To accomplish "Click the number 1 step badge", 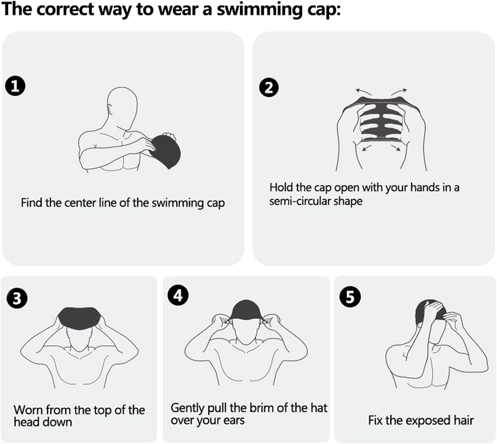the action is point(15,86).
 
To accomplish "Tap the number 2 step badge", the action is point(269,87).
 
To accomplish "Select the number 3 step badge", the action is point(17,298).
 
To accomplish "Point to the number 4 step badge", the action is point(178,295).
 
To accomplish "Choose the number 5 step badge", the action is point(350,297).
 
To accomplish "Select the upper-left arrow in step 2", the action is point(363,92).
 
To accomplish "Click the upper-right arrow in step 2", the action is point(399,92).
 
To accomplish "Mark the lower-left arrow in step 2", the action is point(367,148).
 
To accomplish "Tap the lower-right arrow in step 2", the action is point(396,148).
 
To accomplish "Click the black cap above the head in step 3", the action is point(79,317).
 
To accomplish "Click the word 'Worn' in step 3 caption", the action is point(28,410).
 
